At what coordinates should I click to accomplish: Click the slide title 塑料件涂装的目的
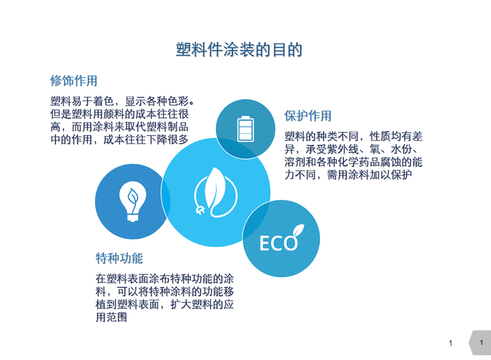tap(239, 50)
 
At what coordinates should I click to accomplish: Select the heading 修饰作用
tap(74, 80)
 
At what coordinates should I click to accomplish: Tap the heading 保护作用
tap(307, 116)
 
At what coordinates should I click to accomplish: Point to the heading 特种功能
tap(119, 258)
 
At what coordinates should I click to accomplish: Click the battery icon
tap(245, 129)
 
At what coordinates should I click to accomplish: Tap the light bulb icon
tap(133, 202)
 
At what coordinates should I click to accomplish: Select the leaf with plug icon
tap(215, 193)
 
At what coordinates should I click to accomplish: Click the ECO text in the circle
tap(278, 243)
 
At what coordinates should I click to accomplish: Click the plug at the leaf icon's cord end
tap(200, 210)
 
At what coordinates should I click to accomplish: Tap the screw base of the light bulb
tap(133, 218)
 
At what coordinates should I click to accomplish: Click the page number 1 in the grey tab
tap(481, 342)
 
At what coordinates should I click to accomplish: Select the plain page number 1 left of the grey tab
tap(450, 343)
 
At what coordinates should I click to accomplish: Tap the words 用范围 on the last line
tap(111, 317)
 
